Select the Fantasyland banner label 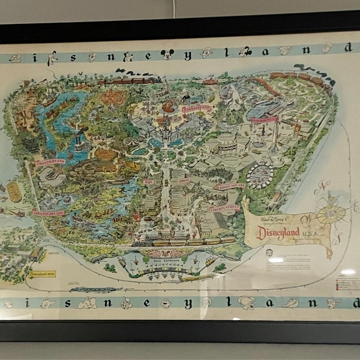coord(197,109)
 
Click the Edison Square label coord(230,186)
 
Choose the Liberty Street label coord(225,208)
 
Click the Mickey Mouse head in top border coord(167,54)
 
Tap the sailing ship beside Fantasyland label coord(170,107)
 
